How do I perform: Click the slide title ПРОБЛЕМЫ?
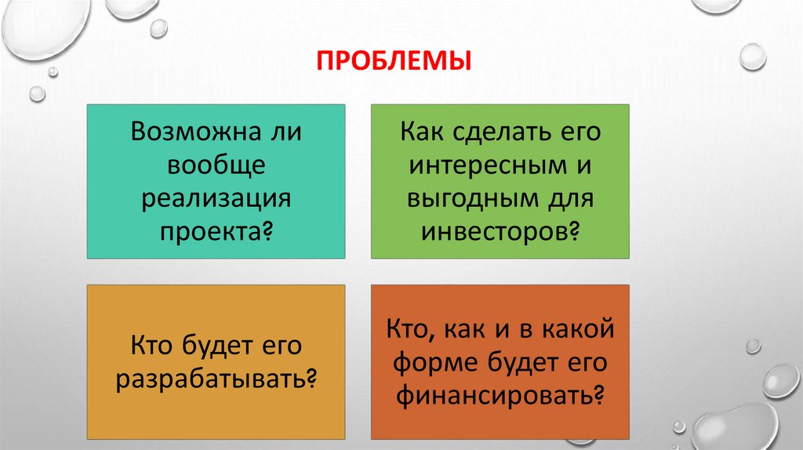click(394, 60)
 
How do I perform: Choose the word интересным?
click(488, 165)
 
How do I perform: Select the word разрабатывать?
click(216, 379)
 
